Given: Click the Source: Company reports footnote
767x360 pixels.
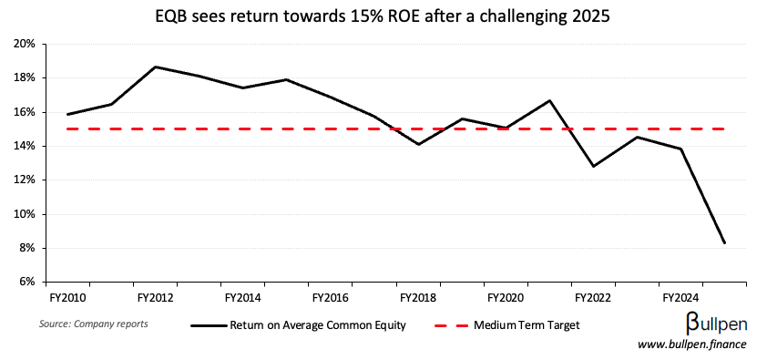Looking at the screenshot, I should (x=94, y=324).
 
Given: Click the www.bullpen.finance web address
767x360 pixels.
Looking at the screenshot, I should (x=691, y=345).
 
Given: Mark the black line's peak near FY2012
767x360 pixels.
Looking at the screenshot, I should (x=156, y=67).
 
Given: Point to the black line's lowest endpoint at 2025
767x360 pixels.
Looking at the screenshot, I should (x=724, y=243).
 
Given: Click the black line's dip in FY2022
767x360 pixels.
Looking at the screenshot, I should (x=593, y=166).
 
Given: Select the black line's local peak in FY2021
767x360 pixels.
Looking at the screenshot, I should (x=549, y=100).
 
